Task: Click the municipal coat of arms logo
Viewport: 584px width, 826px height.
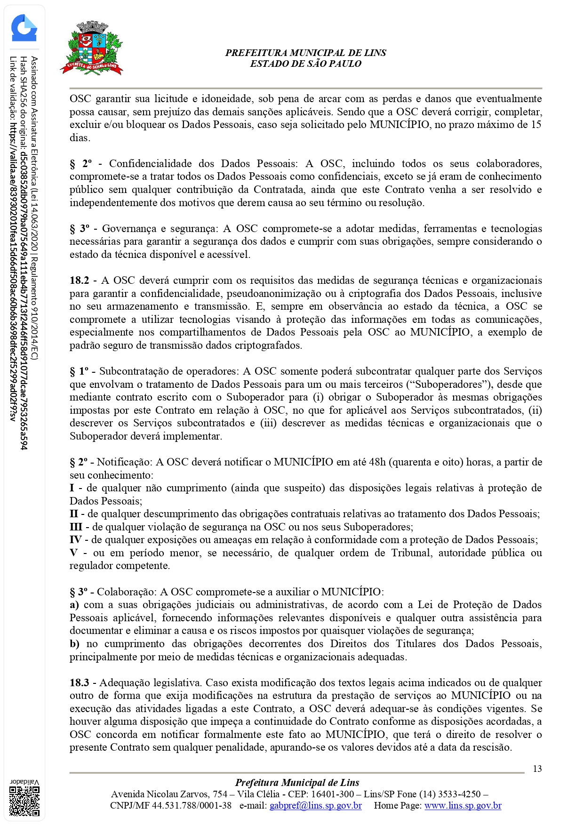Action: click(x=92, y=48)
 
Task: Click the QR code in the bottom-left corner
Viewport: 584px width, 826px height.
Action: click(x=24, y=801)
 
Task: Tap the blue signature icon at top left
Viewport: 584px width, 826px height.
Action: click(x=24, y=28)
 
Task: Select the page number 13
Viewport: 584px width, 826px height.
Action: click(x=537, y=769)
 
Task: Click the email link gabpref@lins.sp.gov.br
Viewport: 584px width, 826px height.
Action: click(x=315, y=805)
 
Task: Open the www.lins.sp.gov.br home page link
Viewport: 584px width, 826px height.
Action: click(x=463, y=805)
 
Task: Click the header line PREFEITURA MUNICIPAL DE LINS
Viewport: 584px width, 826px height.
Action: click(x=305, y=53)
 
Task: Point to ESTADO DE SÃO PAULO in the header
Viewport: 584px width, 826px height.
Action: click(x=305, y=64)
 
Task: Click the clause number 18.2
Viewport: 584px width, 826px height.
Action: click(x=79, y=281)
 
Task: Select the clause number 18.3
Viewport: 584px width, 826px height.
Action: click(x=79, y=682)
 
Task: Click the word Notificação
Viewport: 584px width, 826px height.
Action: click(x=124, y=462)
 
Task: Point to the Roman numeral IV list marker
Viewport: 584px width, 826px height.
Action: click(x=76, y=540)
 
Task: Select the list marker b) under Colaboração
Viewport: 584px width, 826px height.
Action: click(x=74, y=644)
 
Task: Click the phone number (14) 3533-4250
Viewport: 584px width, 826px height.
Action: click(x=450, y=794)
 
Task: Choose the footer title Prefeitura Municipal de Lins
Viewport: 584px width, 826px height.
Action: click(x=297, y=783)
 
